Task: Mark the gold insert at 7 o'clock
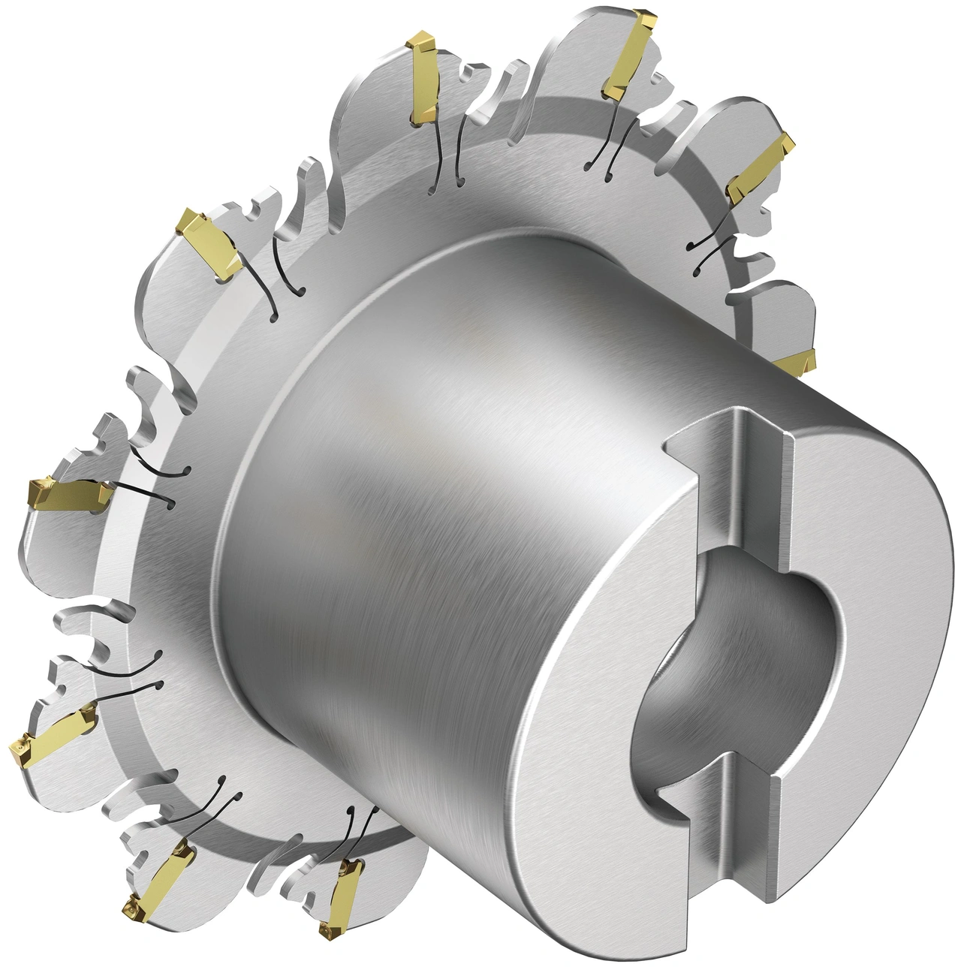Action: click(x=159, y=878)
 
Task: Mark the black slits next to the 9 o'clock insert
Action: click(x=154, y=480)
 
